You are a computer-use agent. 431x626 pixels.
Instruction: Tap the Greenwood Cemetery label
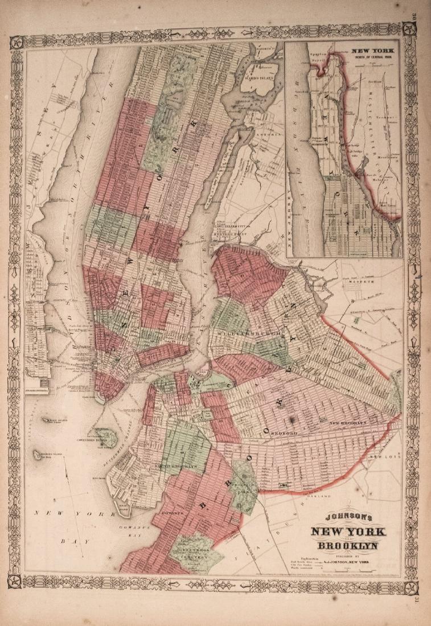(195, 550)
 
